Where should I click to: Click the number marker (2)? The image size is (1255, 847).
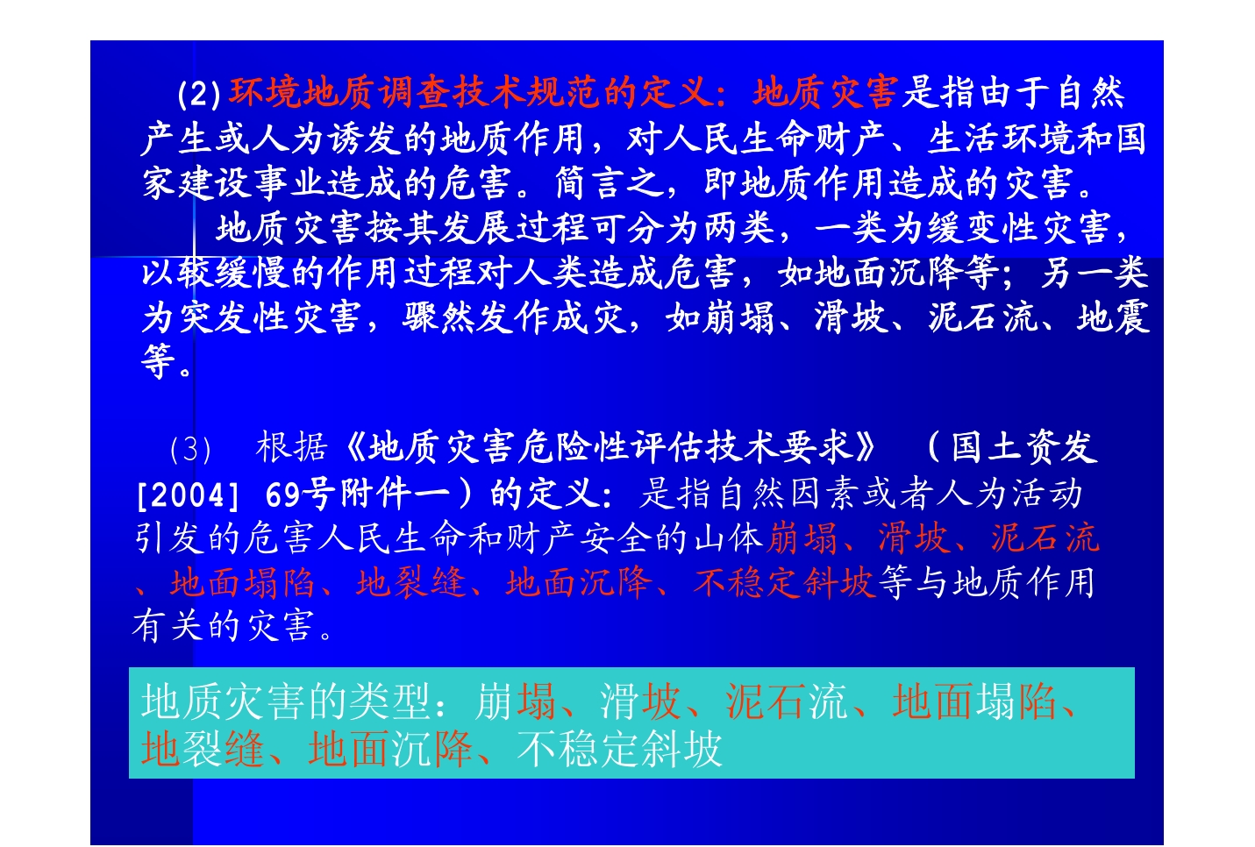[x=199, y=94]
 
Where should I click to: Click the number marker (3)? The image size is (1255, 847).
[x=190, y=449]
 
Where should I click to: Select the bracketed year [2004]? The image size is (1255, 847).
[x=189, y=495]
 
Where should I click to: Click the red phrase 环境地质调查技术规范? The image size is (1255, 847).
[x=415, y=93]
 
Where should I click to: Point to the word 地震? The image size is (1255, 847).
[x=1113, y=317]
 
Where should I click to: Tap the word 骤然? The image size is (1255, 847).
[x=439, y=317]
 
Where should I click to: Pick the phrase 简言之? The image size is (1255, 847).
[x=610, y=183]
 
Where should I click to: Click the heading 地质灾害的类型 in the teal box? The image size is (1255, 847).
[x=286, y=701]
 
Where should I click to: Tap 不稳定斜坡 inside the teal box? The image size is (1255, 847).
[x=619, y=749]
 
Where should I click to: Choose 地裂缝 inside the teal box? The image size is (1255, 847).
[x=203, y=749]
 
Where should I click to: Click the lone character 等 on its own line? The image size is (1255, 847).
[x=159, y=361]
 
